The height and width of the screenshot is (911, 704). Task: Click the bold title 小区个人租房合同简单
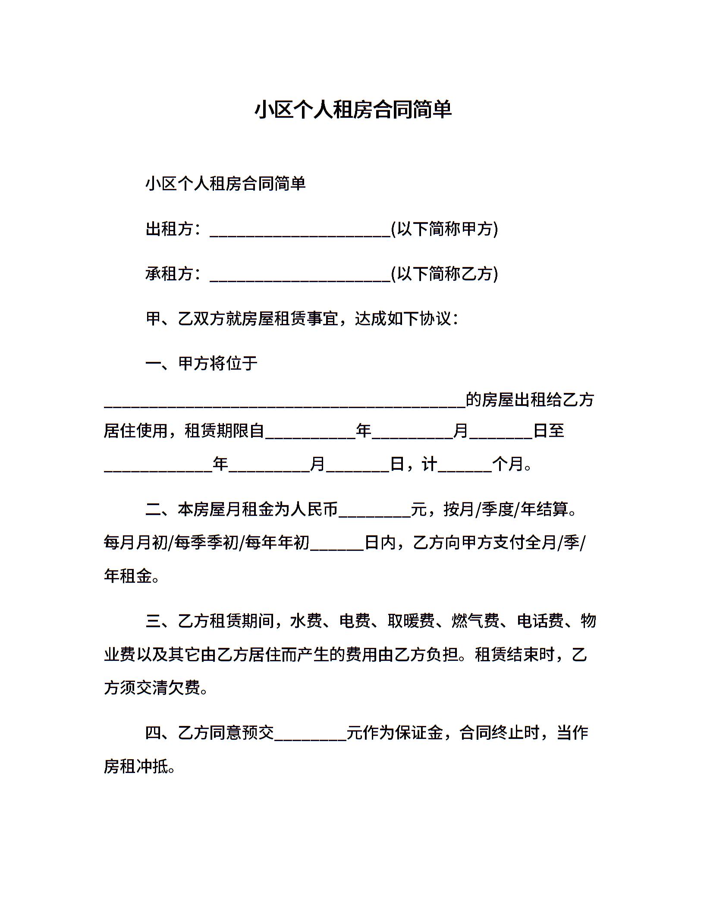(353, 110)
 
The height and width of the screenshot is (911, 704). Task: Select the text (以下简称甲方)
(444, 229)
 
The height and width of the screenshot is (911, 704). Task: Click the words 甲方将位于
(218, 364)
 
